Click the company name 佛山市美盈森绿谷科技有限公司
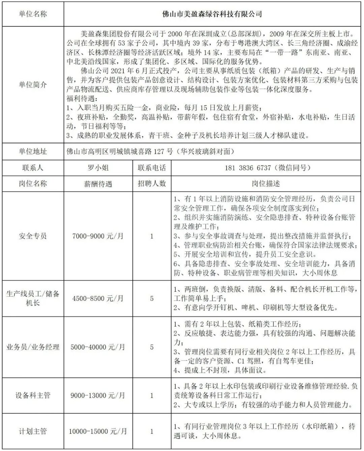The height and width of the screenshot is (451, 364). pyautogui.click(x=212, y=14)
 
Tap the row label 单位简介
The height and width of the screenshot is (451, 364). pyautogui.click(x=33, y=85)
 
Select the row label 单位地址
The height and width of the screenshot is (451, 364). pyautogui.click(x=33, y=152)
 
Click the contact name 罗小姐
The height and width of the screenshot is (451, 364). pyautogui.click(x=98, y=168)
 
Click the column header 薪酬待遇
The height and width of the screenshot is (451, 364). pyautogui.click(x=98, y=184)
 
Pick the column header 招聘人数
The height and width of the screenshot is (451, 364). pyautogui.click(x=152, y=184)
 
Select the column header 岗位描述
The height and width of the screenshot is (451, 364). pyautogui.click(x=266, y=184)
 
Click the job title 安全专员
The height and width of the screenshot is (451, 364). pyautogui.click(x=33, y=236)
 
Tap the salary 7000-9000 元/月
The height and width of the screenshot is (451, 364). pyautogui.click(x=98, y=236)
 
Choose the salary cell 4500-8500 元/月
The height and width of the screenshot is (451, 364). pyautogui.click(x=98, y=298)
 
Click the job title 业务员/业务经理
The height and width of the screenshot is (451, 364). pyautogui.click(x=33, y=347)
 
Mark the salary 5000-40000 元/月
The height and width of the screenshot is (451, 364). pyautogui.click(x=98, y=347)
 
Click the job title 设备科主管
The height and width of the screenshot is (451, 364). pyautogui.click(x=33, y=395)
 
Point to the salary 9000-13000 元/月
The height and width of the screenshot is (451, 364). pyautogui.click(x=98, y=395)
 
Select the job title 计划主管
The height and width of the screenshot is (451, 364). pyautogui.click(x=33, y=431)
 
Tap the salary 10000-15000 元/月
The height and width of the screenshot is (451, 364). pyautogui.click(x=98, y=431)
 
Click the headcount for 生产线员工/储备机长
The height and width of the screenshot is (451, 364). pyautogui.click(x=152, y=298)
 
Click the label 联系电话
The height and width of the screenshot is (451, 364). pyautogui.click(x=152, y=168)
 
